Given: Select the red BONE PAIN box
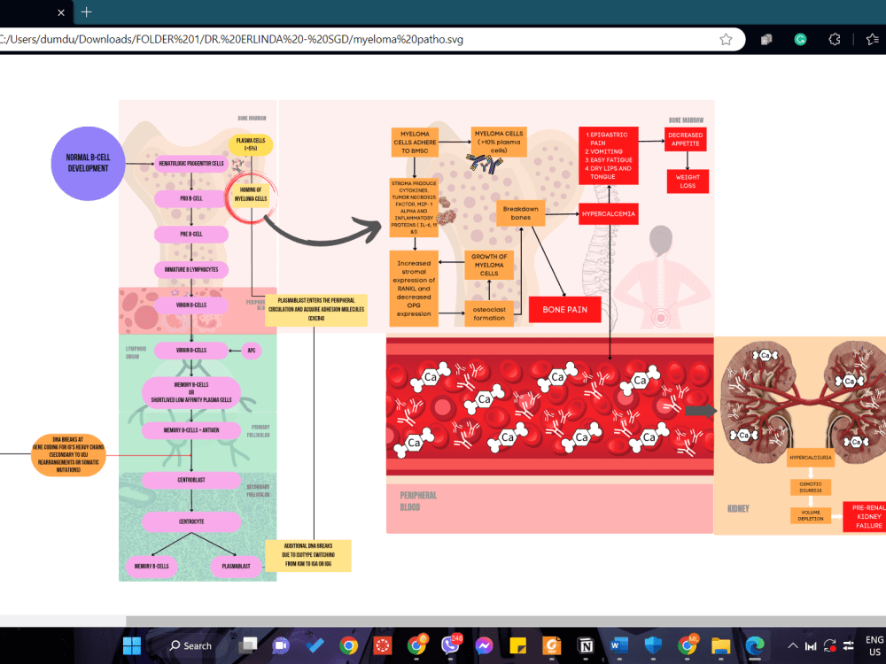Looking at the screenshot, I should [x=564, y=310].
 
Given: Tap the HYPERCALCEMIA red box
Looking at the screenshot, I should [x=608, y=213].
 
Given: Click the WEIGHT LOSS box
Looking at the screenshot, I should [x=688, y=181].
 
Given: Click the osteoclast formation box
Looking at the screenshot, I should [x=489, y=313].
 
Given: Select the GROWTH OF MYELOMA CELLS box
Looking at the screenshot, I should [x=489, y=266].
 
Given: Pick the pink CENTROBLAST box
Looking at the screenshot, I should [x=192, y=480].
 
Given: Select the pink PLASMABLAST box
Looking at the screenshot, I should [x=236, y=566].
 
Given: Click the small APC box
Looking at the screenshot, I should [x=253, y=351].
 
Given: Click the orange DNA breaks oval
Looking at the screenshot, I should [x=67, y=455].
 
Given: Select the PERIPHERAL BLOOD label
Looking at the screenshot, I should [x=417, y=502].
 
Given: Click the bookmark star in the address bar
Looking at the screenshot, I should [x=726, y=40].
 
